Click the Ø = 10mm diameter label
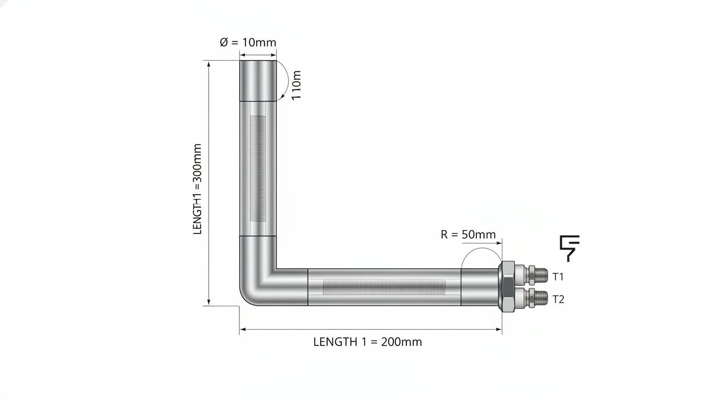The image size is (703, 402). click(x=248, y=42)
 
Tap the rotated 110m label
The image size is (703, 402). click(x=296, y=85)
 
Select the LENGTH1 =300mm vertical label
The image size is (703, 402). click(x=197, y=189)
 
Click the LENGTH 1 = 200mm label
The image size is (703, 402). click(x=368, y=342)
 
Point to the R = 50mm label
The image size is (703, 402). click(x=468, y=234)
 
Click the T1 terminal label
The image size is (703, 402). click(x=558, y=277)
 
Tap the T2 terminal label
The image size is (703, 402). click(x=558, y=299)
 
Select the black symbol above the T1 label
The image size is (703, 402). click(x=570, y=248)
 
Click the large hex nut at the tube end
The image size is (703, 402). click(x=506, y=286)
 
